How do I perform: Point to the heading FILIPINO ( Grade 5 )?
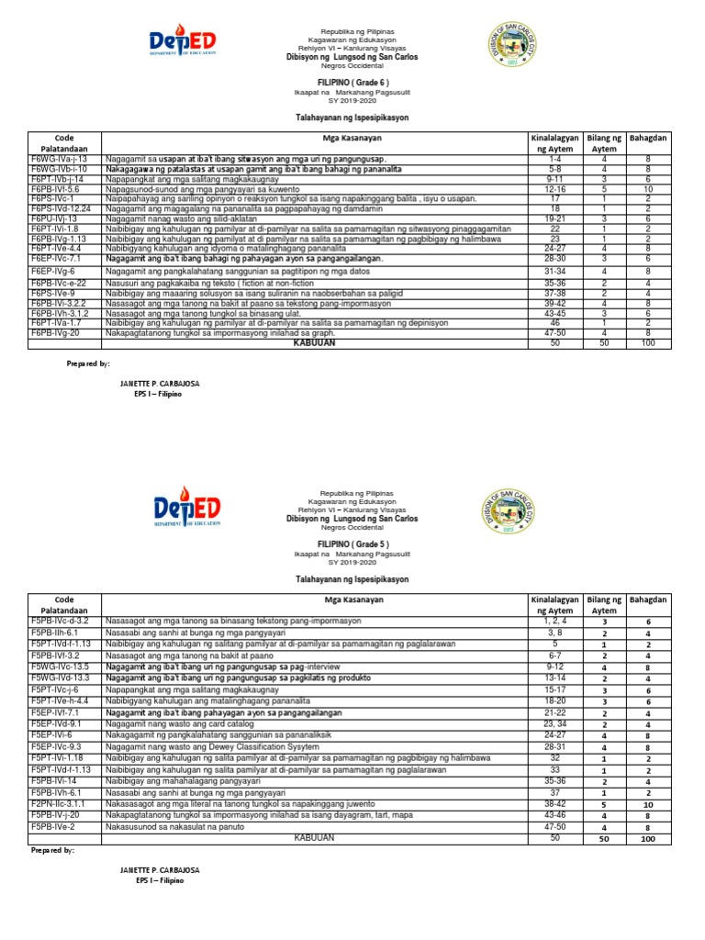coord(352,543)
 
